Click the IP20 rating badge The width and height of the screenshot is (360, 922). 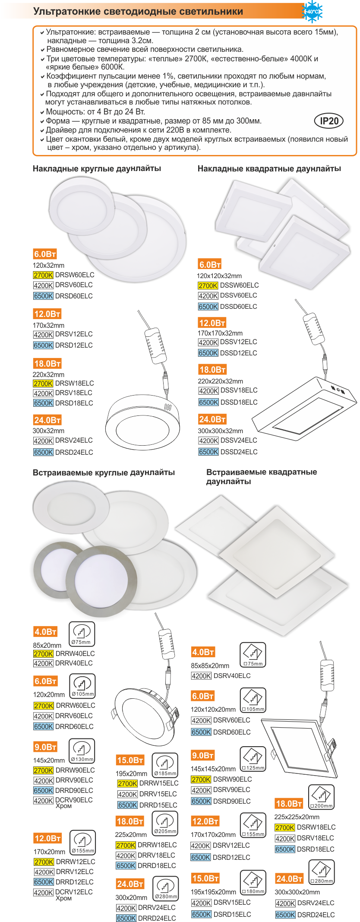coord(328,121)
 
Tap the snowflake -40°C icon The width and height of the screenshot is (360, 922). coord(313,11)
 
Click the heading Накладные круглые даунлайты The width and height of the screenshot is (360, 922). coord(97,168)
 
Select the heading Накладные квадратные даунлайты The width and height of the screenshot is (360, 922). coord(269,168)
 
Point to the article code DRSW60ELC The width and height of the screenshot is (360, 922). coord(75,275)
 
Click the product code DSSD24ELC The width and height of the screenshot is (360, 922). coord(239,452)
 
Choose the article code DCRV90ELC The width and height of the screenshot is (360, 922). coord(74,800)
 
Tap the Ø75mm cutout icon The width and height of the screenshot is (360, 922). coord(82,634)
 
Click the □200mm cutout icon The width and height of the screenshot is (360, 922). coord(322,797)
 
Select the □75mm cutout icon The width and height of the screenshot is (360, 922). coord(253,655)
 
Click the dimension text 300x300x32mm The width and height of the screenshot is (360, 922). coord(220,431)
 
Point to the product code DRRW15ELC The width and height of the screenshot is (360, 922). coord(159,783)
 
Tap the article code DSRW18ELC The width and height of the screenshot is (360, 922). coord(316,827)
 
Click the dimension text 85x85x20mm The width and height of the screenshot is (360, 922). coord(210,665)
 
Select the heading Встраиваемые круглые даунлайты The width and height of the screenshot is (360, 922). coord(104,472)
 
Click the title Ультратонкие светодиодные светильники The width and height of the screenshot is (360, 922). coord(138,12)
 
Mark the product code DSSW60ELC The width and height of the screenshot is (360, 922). coord(240,285)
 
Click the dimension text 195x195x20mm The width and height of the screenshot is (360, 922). coord(213,892)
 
